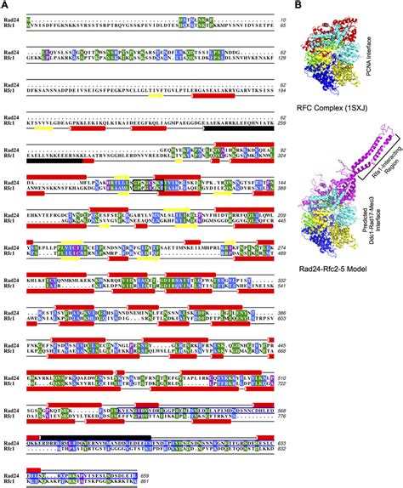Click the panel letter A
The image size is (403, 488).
coord(5,5)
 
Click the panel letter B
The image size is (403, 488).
coord(298,5)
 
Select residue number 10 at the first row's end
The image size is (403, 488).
coord(289,18)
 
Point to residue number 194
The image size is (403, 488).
coord(287,88)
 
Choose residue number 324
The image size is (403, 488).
coord(287,157)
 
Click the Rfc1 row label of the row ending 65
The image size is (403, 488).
coord(13,25)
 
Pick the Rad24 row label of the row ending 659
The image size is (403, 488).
coord(14,474)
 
